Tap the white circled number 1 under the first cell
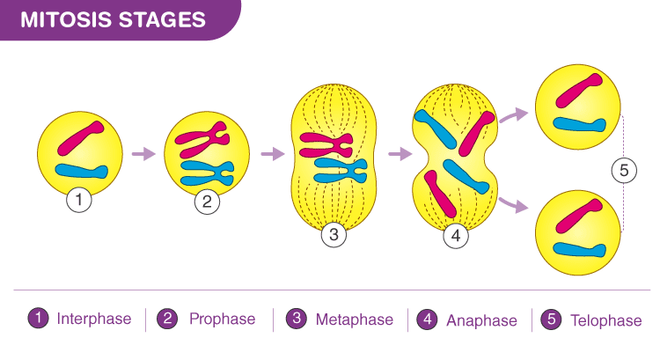tap(78, 200)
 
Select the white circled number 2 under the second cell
tap(207, 202)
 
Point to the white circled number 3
tap(334, 234)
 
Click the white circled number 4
tap(456, 235)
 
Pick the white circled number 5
tap(624, 170)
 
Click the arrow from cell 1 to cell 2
tap(144, 154)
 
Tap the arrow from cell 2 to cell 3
tap(273, 154)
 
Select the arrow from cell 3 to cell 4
tap(400, 154)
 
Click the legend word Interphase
tap(94, 319)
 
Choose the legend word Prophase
tap(223, 319)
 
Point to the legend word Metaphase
tap(355, 320)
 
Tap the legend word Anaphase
tap(481, 320)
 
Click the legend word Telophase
tap(606, 320)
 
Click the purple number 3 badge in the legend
tap(297, 319)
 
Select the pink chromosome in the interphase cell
tap(81, 138)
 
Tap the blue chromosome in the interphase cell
tap(82, 171)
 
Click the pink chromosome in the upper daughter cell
tap(579, 90)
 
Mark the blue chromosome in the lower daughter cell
tap(579, 250)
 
